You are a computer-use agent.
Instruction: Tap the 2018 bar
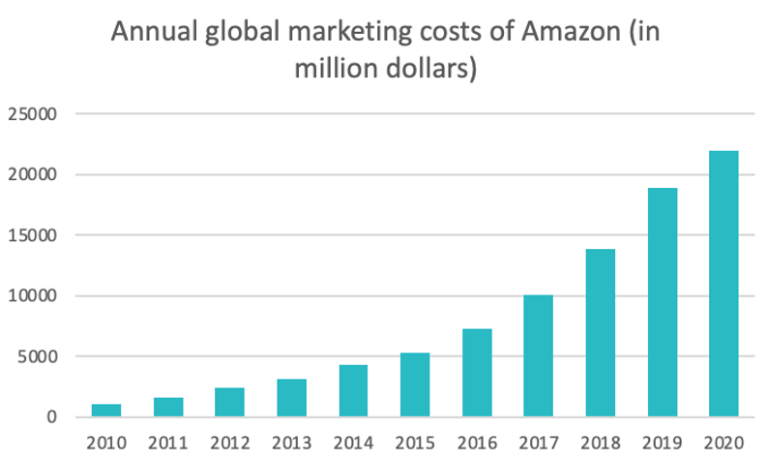(600, 333)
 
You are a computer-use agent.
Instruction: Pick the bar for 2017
(538, 355)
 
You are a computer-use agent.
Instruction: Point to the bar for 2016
(477, 373)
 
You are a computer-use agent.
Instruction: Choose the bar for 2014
(353, 391)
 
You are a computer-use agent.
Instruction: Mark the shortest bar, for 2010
(106, 411)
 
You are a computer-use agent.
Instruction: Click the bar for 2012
(229, 402)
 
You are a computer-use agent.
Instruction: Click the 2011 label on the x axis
(168, 444)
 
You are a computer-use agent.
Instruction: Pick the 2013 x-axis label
(291, 444)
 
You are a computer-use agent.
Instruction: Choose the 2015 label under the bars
(415, 444)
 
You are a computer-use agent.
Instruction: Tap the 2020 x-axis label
(724, 444)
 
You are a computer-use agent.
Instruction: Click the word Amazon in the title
(570, 32)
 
